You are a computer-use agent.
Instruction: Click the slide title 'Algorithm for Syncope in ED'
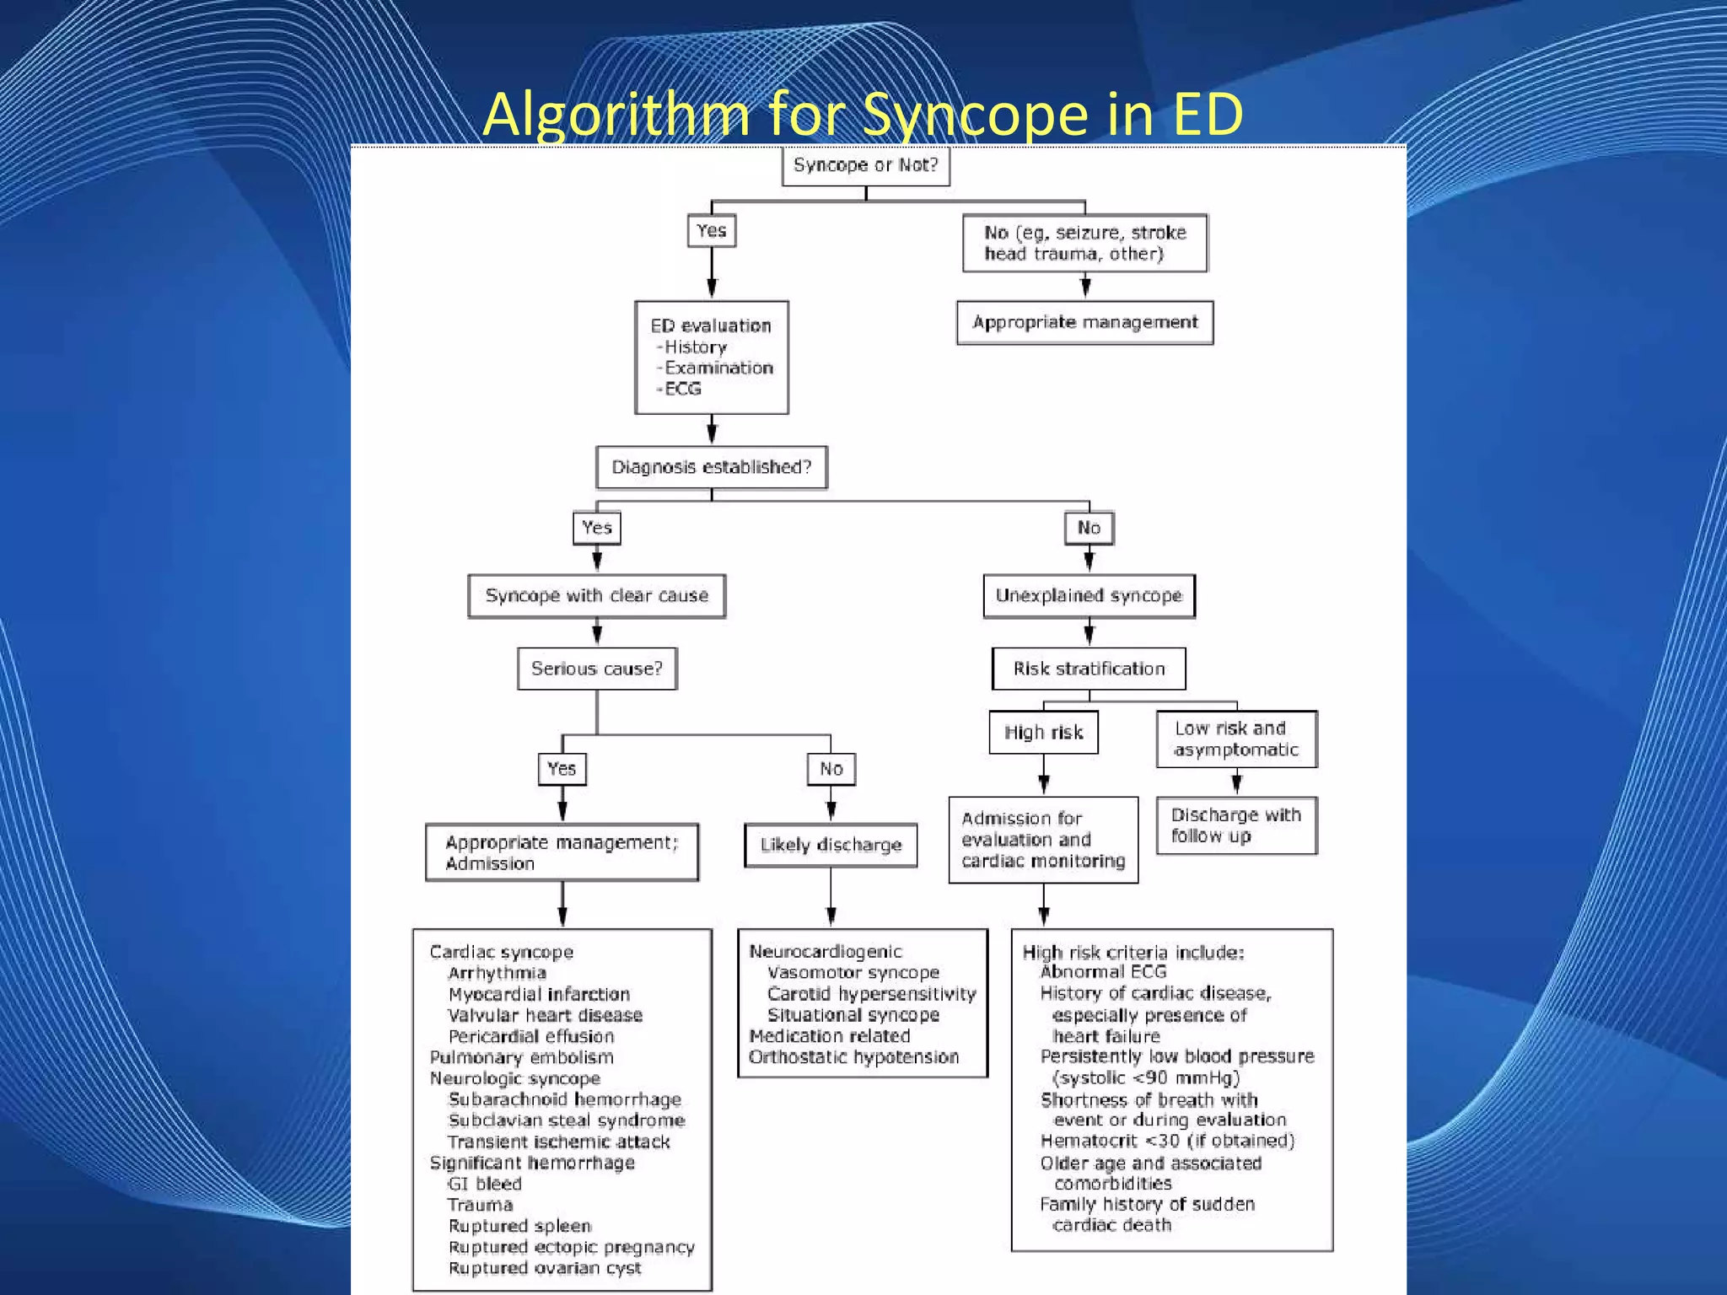[x=863, y=114]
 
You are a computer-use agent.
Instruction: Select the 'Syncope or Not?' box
[x=865, y=165]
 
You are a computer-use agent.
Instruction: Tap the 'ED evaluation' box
[x=711, y=357]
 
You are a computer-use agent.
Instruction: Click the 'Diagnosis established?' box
[x=711, y=467]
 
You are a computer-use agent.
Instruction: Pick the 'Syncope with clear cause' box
[x=596, y=596]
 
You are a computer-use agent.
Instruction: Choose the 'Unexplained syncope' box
[x=1089, y=596]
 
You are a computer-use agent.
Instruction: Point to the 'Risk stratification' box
[x=1089, y=669]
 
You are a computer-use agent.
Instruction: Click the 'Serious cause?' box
[x=596, y=669]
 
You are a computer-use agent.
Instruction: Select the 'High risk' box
[x=1043, y=733]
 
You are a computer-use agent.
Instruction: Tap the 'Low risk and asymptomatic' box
[x=1236, y=739]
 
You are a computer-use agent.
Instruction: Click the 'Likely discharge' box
[x=831, y=845]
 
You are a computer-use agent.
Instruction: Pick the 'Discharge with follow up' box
[x=1236, y=825]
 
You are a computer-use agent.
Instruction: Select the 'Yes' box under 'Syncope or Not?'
[x=711, y=231]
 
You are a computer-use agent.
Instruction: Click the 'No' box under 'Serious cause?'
[x=831, y=769]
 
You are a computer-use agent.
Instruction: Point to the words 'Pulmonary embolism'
[x=521, y=1057]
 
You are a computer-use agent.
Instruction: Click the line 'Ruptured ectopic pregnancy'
[x=571, y=1247]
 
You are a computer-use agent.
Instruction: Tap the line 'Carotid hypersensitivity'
[x=871, y=994]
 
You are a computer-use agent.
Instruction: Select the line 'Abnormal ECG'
[x=1102, y=972]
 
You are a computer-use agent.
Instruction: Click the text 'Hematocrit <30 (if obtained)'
[x=1167, y=1141]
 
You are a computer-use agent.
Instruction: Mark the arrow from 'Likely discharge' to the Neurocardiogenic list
[x=831, y=898]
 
